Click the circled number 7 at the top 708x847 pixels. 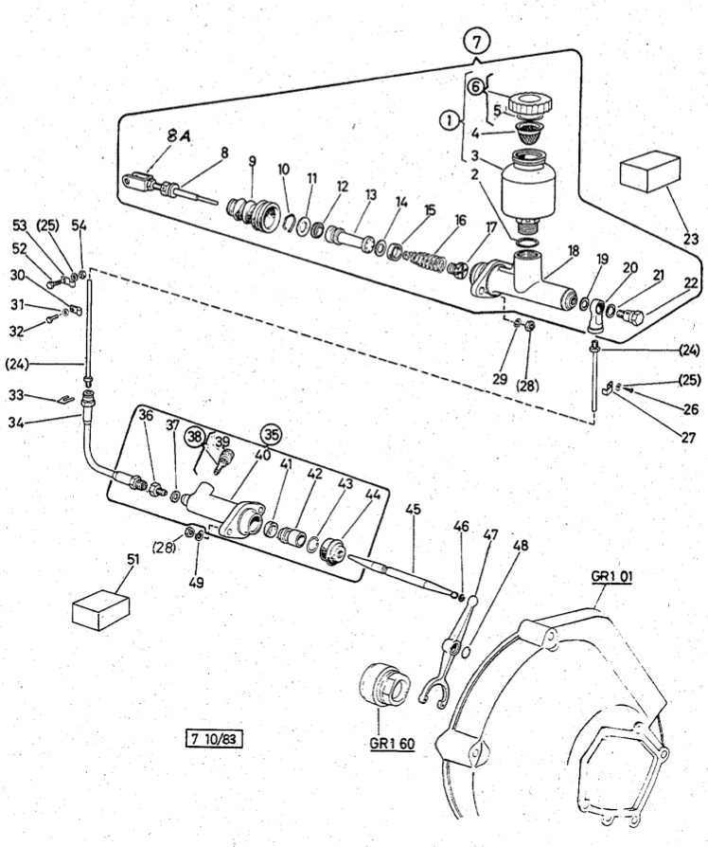point(477,41)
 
